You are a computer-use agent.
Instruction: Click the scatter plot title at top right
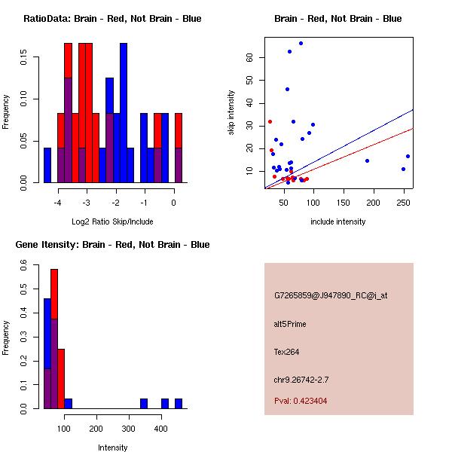click(x=337, y=19)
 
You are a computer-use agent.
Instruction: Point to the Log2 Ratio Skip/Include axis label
click(x=112, y=221)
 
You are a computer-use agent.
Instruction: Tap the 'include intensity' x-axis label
click(x=337, y=221)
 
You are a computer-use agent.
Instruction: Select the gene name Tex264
click(x=287, y=352)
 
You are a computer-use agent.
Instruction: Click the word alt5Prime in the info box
click(x=290, y=325)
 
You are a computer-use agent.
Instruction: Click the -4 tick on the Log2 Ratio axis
click(x=57, y=203)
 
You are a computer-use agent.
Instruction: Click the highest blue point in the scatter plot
click(x=301, y=44)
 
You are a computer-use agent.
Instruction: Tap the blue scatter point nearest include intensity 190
click(x=367, y=160)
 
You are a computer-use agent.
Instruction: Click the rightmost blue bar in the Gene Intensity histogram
click(x=179, y=404)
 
